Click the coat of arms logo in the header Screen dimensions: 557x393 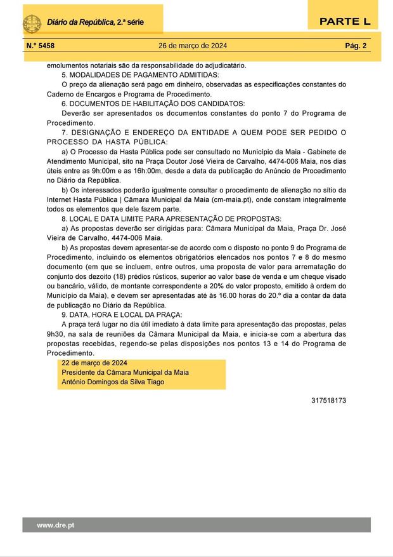pos(32,23)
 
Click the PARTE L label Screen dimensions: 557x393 pos(344,22)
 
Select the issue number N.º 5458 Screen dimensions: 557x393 pos(41,46)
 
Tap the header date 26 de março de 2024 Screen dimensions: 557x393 pos(193,46)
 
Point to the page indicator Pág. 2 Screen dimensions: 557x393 pos(356,46)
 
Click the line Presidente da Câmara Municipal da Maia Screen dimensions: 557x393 pos(125,372)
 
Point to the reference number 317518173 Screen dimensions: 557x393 pos(329,401)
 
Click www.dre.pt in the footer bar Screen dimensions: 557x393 pos(56,525)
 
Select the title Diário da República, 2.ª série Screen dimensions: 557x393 pos(95,23)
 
